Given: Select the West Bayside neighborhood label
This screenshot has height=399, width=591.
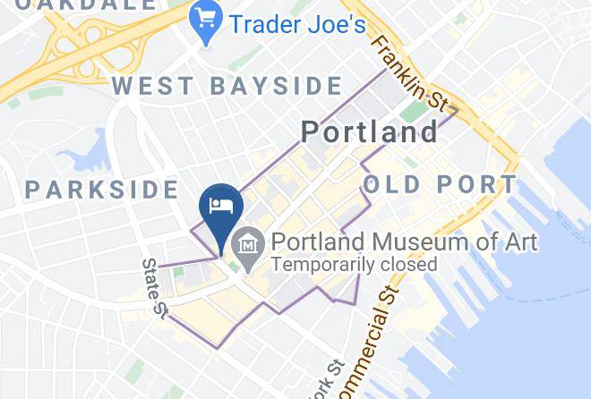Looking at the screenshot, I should [227, 87].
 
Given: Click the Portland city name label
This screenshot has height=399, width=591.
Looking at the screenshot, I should [369, 132].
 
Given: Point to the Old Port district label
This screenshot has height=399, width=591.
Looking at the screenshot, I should [441, 185].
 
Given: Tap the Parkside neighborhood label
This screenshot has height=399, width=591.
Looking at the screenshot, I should [102, 189].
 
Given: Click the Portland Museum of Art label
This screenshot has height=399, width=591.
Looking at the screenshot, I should [404, 242].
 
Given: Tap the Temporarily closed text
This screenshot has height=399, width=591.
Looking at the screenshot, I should [355, 265].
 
